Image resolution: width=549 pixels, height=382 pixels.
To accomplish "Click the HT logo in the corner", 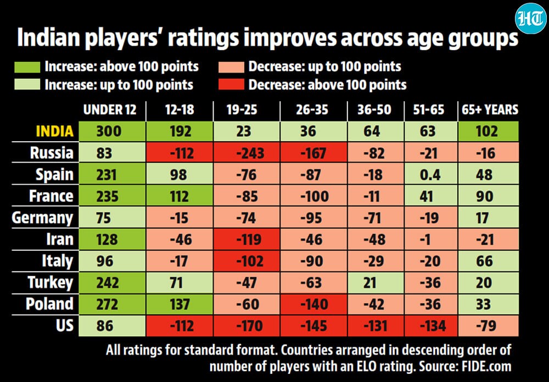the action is (x=530, y=19).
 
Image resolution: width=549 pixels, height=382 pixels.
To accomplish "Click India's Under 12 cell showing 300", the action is (x=112, y=131).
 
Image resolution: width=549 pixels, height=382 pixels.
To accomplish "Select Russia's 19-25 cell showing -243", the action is (x=247, y=153).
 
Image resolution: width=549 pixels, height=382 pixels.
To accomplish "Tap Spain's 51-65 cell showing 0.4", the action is (x=430, y=174).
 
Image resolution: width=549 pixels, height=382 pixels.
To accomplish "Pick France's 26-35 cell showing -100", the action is (x=313, y=196).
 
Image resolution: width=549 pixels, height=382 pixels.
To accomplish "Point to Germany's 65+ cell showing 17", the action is (x=488, y=218).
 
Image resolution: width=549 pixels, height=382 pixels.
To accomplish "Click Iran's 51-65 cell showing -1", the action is (x=430, y=239).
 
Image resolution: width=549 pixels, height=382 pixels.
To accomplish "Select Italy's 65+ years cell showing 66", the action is (x=488, y=261).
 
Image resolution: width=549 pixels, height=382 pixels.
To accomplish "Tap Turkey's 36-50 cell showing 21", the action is (x=376, y=283).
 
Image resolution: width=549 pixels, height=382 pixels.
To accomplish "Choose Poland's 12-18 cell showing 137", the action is (x=180, y=304).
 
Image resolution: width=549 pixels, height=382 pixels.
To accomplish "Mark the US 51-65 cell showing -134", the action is (x=430, y=326).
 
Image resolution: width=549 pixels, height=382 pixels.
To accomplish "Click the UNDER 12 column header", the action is (x=110, y=110).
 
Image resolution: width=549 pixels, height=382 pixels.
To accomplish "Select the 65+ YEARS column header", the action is (x=490, y=110).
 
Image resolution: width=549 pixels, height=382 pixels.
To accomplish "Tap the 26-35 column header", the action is (x=312, y=110).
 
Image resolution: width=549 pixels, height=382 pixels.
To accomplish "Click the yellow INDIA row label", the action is (x=55, y=131).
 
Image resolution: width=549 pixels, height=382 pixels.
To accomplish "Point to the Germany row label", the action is (x=42, y=218).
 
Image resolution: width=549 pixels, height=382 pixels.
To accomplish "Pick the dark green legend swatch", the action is (x=27, y=67).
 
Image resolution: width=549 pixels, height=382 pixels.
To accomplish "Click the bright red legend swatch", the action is (x=231, y=85).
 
